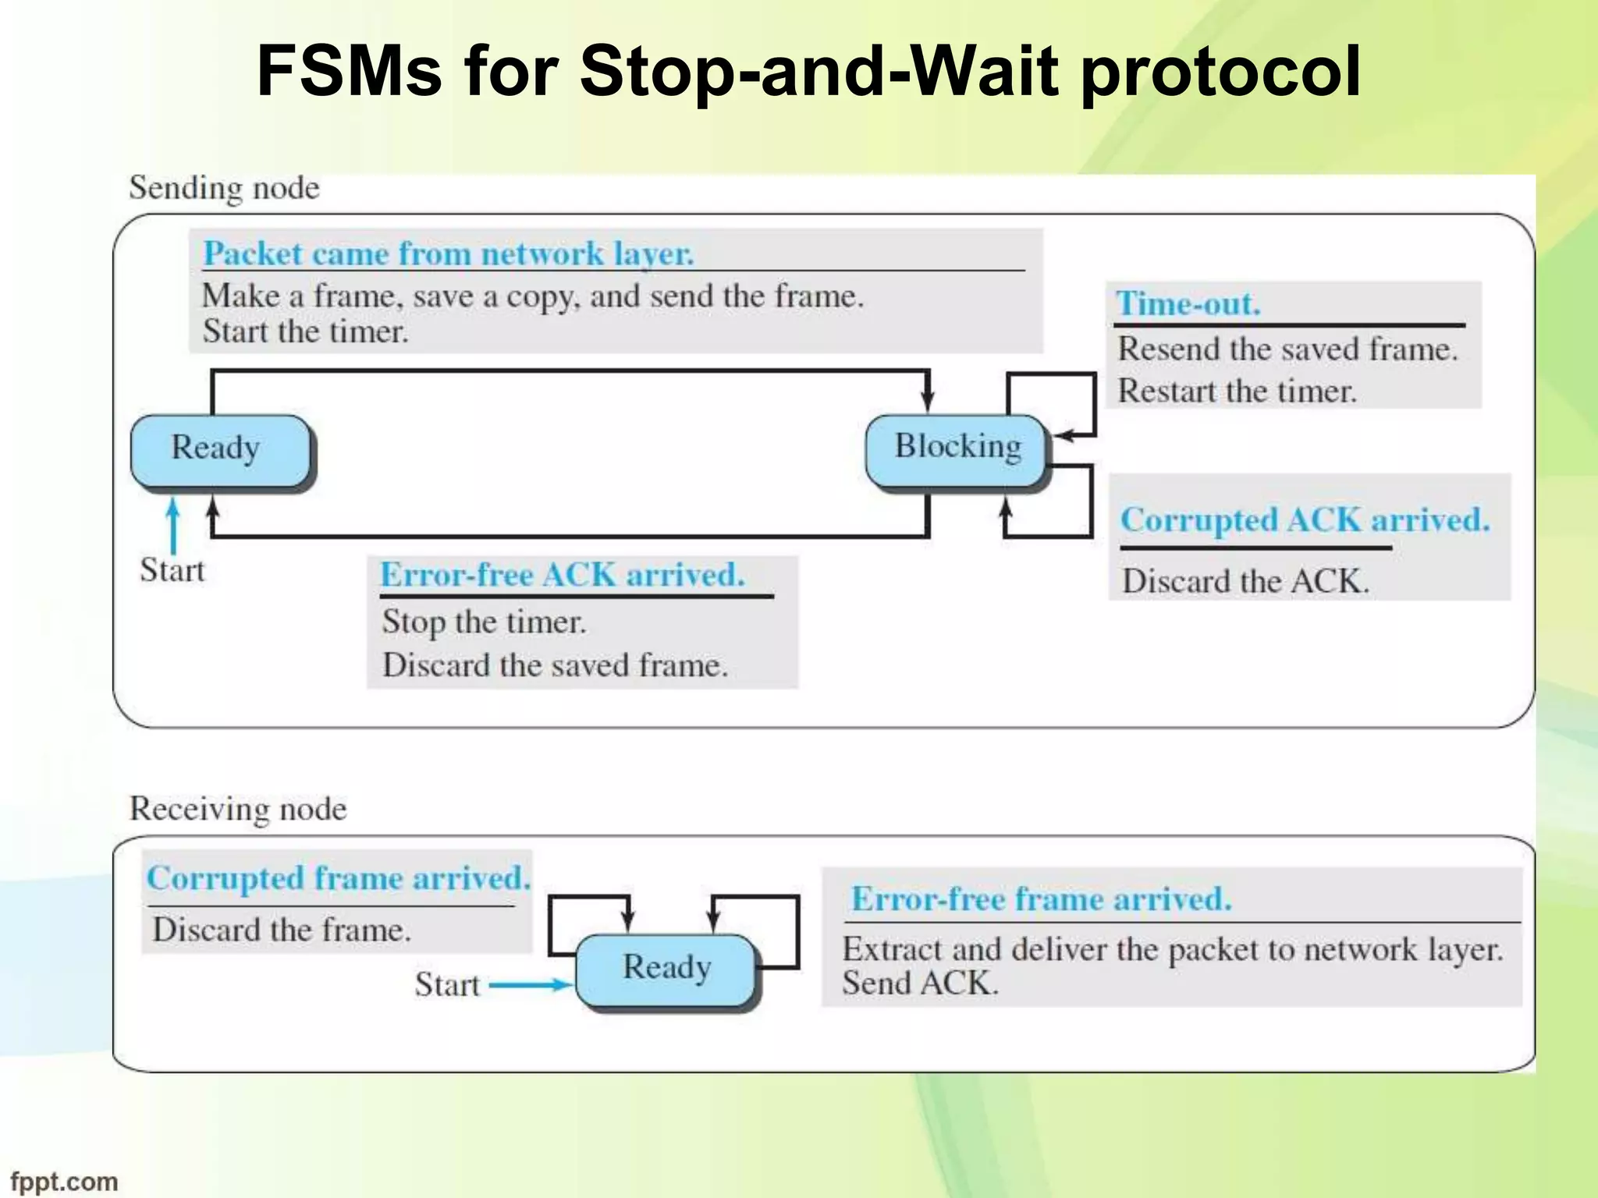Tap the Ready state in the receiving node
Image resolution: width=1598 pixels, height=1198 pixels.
tap(666, 969)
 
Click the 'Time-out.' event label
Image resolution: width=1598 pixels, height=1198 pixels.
tap(1188, 303)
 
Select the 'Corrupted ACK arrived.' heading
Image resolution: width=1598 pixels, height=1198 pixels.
tap(1304, 520)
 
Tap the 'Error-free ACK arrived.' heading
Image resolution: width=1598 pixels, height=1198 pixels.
tap(562, 576)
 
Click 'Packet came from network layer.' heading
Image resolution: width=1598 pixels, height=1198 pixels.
tap(449, 254)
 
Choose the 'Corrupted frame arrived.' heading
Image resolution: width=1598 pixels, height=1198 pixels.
tap(339, 879)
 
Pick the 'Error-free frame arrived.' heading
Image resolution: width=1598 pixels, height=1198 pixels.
tap(1041, 899)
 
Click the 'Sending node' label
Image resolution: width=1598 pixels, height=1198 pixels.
tap(224, 188)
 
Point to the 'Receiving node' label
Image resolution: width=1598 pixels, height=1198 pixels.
tap(238, 809)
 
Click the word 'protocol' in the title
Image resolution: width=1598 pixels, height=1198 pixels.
tap(1221, 72)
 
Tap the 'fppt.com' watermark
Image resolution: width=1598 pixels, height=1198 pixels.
tap(64, 1181)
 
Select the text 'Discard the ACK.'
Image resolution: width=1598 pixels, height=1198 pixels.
tap(1245, 582)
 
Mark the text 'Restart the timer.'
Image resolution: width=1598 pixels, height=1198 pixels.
tap(1237, 392)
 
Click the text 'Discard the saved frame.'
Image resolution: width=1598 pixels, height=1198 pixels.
tap(555, 666)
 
